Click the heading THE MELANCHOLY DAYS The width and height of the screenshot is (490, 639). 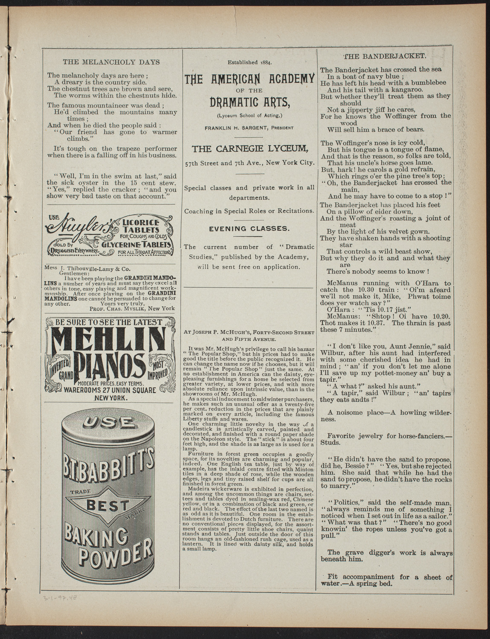coord(111,62)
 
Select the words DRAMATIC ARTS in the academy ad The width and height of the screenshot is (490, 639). coord(250,102)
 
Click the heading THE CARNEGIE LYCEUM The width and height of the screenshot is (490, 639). coord(249,149)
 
